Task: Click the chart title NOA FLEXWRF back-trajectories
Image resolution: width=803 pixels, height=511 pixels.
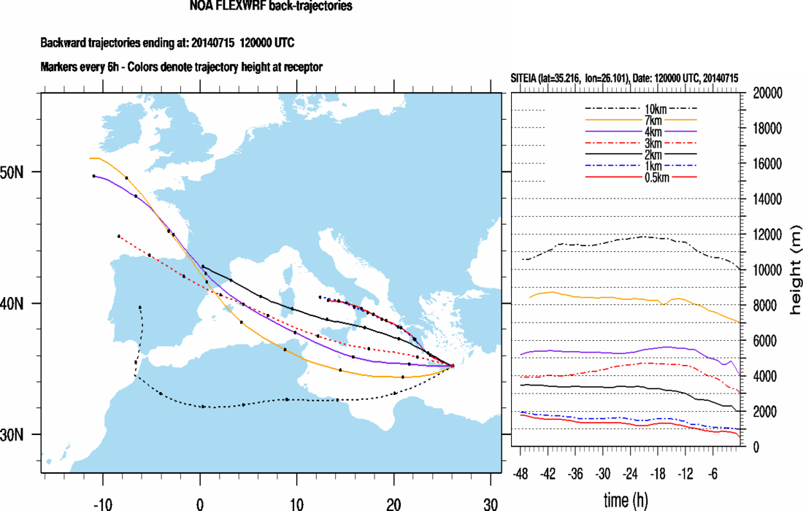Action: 270,7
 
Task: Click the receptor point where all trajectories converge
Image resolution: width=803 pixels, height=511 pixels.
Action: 453,365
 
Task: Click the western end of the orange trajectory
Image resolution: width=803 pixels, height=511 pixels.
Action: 90,158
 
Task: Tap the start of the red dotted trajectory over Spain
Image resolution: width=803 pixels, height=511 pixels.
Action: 118,236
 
